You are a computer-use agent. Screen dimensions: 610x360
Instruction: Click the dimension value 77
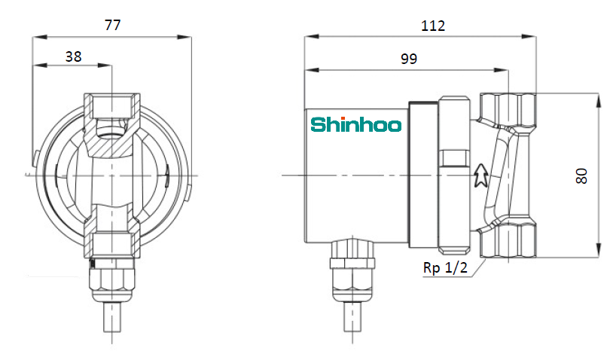tap(112, 25)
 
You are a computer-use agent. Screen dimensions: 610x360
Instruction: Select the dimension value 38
tap(73, 56)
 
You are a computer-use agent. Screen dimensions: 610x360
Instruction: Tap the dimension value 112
tap(432, 26)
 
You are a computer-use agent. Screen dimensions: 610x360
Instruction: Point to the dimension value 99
tap(409, 59)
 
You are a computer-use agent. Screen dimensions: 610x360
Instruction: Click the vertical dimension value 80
tap(581, 176)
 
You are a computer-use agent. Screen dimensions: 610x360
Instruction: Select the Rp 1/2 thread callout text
tap(445, 267)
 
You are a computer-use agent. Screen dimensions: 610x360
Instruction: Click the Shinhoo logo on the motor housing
tap(356, 124)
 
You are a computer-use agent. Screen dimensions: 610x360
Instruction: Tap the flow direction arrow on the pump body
tap(481, 175)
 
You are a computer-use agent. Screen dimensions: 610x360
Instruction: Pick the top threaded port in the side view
tap(508, 109)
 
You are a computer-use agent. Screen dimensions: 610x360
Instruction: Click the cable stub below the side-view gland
tap(352, 317)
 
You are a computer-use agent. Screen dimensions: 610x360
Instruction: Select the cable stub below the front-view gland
tap(112, 317)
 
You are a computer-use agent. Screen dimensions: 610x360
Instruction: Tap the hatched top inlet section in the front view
tap(112, 125)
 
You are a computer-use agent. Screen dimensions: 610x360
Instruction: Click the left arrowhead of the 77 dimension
tap(40, 37)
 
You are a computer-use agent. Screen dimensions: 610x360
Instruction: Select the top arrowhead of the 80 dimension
tap(598, 100)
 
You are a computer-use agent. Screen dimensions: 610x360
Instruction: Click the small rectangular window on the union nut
tap(453, 158)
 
